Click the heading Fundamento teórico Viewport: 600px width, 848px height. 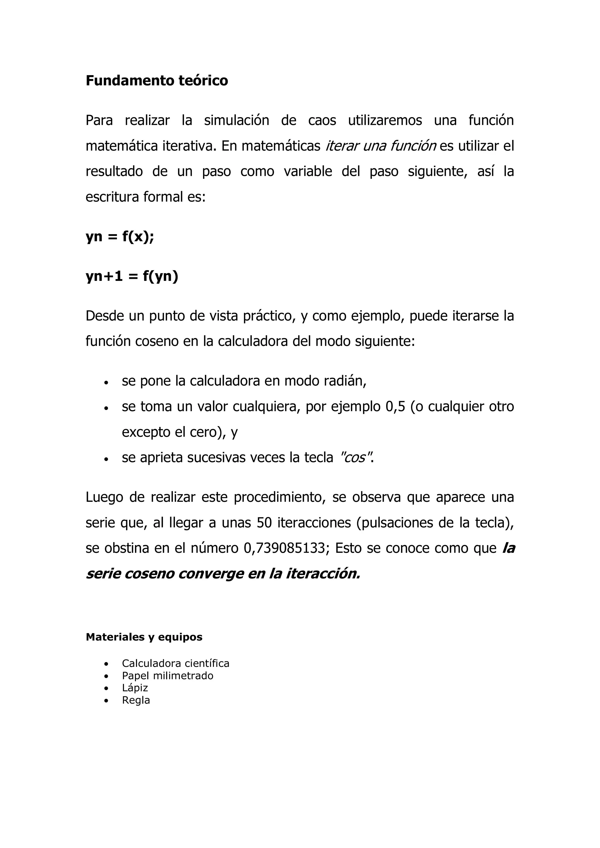point(157,80)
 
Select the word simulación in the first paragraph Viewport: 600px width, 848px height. point(237,120)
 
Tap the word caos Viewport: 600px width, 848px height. point(322,120)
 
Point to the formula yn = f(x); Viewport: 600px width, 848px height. point(120,236)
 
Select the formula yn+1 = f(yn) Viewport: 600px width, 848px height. point(132,276)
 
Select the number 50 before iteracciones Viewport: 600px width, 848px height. point(264,523)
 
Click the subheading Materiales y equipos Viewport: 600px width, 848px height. point(144,637)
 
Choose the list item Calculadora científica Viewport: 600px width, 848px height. point(175,663)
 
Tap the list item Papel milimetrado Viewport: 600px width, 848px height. point(168,676)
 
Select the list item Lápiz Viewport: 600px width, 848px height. point(135,688)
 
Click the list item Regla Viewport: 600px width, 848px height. point(136,700)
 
